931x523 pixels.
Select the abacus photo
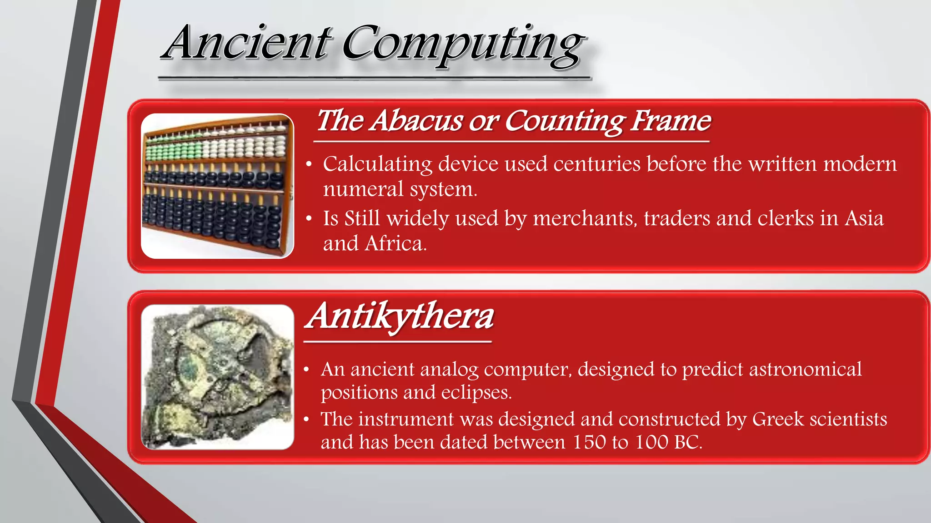point(217,186)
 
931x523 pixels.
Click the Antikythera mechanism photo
point(217,377)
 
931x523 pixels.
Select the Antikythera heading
point(400,316)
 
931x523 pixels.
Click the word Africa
point(395,244)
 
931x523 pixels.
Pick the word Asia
point(864,218)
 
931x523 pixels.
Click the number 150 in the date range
point(589,442)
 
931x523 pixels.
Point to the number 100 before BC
point(651,442)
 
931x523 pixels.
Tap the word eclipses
point(476,392)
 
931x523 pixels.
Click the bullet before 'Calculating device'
point(309,164)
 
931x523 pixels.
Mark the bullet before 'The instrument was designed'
point(307,419)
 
